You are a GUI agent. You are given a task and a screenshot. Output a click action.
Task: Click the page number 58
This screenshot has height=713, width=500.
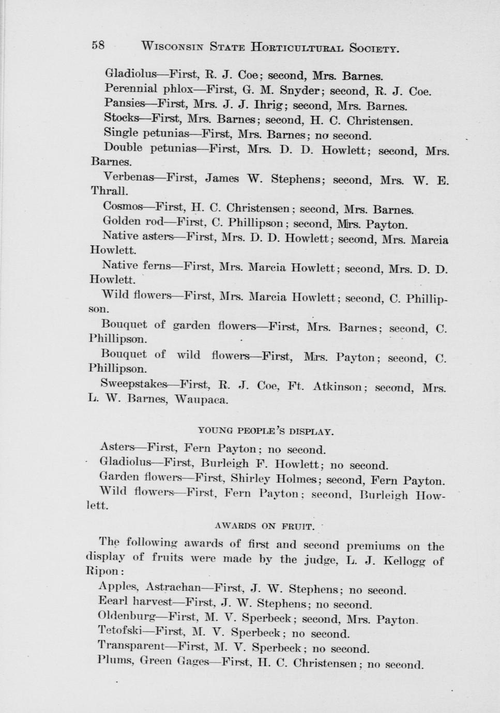(x=98, y=45)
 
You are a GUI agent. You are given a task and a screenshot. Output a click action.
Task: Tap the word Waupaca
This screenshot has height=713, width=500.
(x=201, y=399)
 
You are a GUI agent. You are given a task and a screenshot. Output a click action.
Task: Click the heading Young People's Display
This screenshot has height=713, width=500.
(x=266, y=430)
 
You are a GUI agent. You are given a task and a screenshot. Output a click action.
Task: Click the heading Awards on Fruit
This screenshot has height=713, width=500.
(x=264, y=526)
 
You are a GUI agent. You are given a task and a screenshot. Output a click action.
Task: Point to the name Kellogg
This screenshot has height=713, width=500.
(x=405, y=561)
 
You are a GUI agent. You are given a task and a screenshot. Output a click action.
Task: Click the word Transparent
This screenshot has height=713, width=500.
(x=130, y=646)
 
